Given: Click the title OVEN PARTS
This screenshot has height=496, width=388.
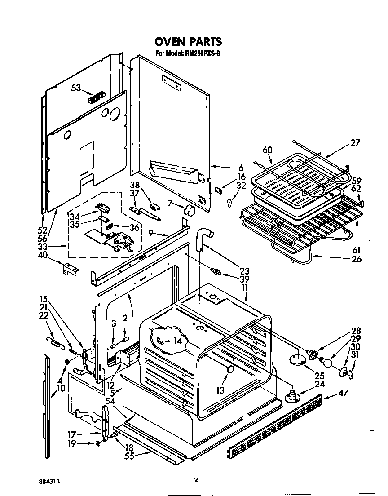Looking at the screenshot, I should tap(188, 42).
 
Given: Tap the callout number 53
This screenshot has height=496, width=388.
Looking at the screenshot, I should tap(76, 88).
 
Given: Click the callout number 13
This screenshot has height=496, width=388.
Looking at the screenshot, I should tap(220, 390).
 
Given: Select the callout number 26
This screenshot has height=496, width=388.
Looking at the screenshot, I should tap(357, 259).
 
